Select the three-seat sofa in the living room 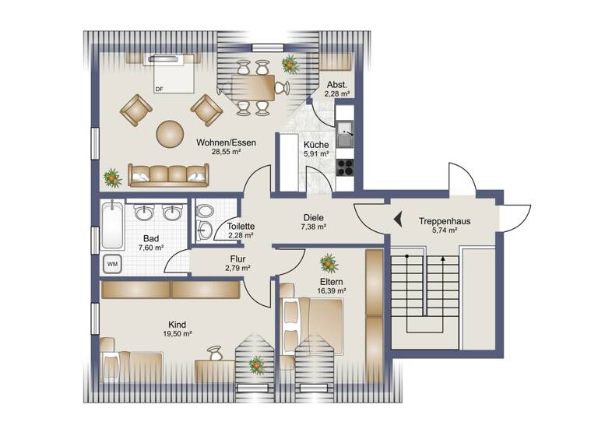[168, 176]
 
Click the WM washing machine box [111, 263]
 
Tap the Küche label [316, 145]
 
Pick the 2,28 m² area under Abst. [336, 94]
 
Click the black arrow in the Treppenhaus [396, 220]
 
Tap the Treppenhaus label [443, 221]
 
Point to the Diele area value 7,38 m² [312, 227]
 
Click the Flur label [238, 258]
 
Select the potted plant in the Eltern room [329, 262]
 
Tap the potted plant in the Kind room [255, 364]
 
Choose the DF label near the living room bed [160, 89]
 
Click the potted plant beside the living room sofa [113, 178]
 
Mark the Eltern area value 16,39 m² [332, 290]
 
